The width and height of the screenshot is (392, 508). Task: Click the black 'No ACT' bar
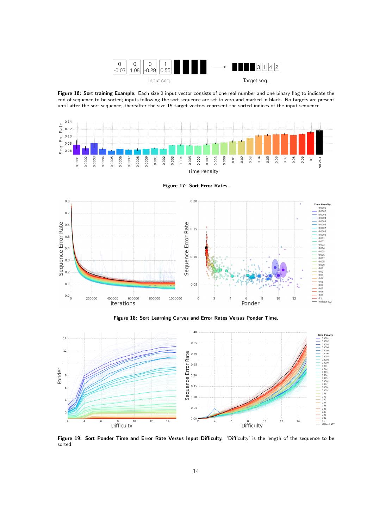click(x=319, y=142)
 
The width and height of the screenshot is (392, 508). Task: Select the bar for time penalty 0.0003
click(x=94, y=148)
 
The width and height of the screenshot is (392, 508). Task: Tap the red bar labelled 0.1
click(x=311, y=143)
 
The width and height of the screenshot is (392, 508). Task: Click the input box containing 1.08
click(x=135, y=67)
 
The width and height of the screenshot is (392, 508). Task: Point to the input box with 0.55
click(x=165, y=67)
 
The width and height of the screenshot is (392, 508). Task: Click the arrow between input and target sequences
click(x=219, y=67)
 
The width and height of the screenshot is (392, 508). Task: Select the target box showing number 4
click(x=270, y=67)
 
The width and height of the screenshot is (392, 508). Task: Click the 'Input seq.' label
click(x=159, y=81)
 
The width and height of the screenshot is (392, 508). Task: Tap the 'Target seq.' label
click(x=255, y=81)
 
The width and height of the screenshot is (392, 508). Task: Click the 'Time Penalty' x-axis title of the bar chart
click(x=203, y=171)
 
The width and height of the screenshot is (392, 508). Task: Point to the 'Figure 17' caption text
click(x=195, y=186)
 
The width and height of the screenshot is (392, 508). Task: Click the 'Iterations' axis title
click(x=123, y=303)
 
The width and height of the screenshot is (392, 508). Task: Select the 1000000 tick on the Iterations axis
click(x=175, y=298)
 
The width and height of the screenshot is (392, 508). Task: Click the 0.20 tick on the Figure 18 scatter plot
click(x=193, y=201)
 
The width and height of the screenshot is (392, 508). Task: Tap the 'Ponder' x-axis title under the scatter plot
click(x=250, y=303)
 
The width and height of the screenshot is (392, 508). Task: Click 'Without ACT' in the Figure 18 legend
click(x=325, y=302)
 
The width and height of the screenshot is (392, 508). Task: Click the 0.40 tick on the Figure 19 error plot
click(x=193, y=332)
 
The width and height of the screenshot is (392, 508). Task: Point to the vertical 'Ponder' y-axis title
click(x=60, y=376)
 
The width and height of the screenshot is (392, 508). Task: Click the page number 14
click(x=196, y=471)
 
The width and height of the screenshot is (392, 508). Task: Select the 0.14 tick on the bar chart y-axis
click(x=68, y=122)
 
